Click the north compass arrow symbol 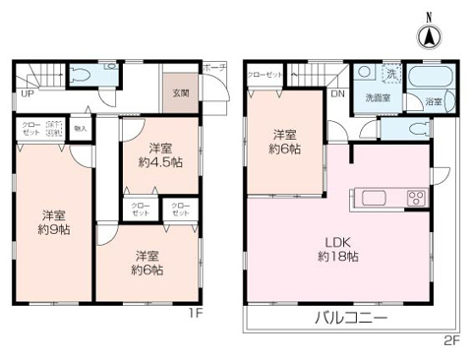tap(429, 36)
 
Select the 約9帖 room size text tap(54, 230)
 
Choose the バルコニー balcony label tap(351, 319)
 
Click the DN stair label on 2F tap(337, 95)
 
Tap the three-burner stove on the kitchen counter tap(414, 197)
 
